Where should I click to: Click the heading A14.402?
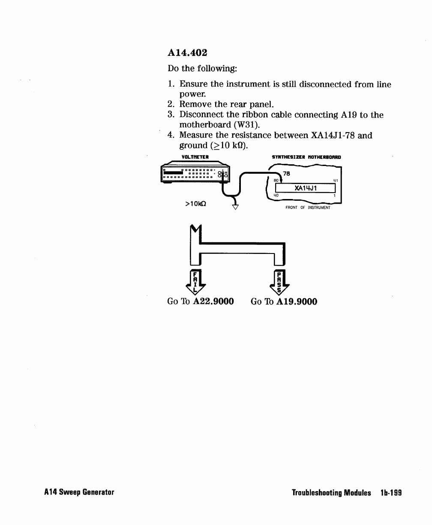pos(187,53)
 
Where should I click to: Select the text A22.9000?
pos(213,302)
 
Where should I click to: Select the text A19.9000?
pos(297,302)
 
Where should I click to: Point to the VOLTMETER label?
pos(195,157)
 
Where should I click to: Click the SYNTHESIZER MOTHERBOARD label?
pos(306,157)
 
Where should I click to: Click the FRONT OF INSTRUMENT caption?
pos(308,208)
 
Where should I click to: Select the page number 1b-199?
pos(390,493)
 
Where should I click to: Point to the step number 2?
pos(171,104)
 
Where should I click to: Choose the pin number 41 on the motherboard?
pos(335,181)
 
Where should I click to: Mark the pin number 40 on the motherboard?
pos(276,196)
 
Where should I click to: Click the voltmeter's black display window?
pos(174,173)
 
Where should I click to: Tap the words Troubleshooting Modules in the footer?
pos(331,493)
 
